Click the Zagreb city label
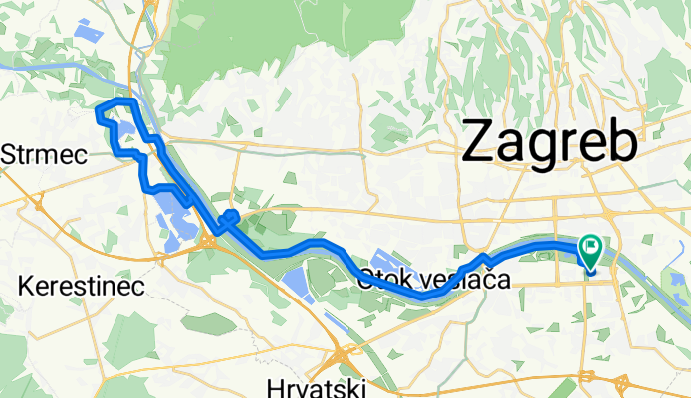pyautogui.click(x=549, y=141)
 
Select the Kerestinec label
pyautogui.click(x=82, y=287)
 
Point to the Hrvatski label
pyautogui.click(x=317, y=386)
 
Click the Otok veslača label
pyautogui.click(x=435, y=281)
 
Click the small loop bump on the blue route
pyautogui.click(x=230, y=215)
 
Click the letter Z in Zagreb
pyautogui.click(x=478, y=142)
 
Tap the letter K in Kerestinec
pyautogui.click(x=26, y=287)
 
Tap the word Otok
pyautogui.click(x=382, y=281)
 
